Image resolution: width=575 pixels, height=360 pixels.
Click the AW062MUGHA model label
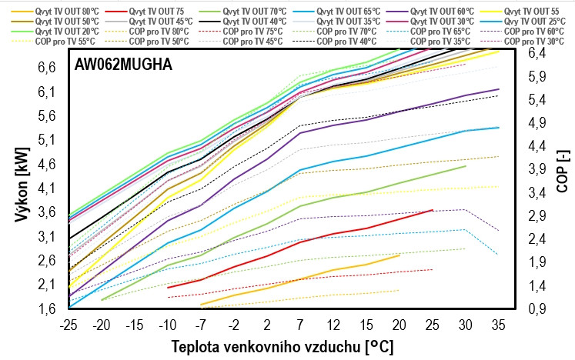123,65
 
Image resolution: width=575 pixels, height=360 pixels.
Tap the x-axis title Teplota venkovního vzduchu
282,346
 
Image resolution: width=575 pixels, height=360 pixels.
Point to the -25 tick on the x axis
68,323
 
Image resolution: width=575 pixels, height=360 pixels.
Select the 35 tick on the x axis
499,323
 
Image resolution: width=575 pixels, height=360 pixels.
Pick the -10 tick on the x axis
168,323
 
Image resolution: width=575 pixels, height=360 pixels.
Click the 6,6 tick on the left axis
47,68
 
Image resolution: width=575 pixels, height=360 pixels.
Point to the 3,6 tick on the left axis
47,212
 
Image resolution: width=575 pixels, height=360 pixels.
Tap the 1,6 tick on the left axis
47,309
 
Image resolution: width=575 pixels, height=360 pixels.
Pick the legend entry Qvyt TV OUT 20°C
62,32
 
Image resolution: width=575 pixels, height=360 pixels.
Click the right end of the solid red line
433,210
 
